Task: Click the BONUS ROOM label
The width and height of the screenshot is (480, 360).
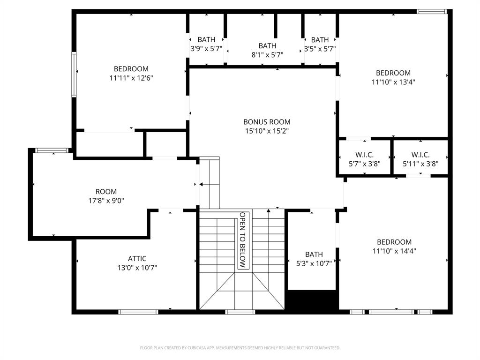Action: click(x=267, y=122)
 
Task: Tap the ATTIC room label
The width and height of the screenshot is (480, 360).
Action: click(x=137, y=258)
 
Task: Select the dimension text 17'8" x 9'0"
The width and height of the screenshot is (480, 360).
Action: click(x=106, y=201)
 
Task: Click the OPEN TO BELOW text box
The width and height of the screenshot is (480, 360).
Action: click(x=242, y=240)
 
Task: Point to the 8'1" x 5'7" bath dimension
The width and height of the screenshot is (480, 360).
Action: click(x=267, y=55)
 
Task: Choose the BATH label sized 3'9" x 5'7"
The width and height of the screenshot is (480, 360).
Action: click(x=206, y=40)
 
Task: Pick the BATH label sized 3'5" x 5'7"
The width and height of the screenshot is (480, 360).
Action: click(x=320, y=40)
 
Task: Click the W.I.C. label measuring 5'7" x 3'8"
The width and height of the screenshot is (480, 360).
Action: click(x=364, y=155)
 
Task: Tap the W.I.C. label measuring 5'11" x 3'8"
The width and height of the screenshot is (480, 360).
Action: click(x=420, y=155)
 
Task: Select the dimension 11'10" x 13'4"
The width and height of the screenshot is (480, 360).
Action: click(x=393, y=82)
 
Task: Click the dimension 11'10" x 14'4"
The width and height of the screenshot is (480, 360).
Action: click(x=394, y=251)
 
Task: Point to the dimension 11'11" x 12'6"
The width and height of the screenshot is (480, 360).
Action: click(x=131, y=78)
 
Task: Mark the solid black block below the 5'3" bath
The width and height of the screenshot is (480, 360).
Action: click(x=312, y=300)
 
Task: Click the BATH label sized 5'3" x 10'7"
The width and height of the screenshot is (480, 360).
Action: click(x=314, y=254)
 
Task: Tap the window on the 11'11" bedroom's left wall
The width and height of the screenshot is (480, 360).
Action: click(x=74, y=75)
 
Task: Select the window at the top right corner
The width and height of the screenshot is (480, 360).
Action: click(x=432, y=12)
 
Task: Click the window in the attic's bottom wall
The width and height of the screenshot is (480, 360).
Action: click(x=138, y=312)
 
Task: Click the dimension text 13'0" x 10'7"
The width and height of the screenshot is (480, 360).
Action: click(x=137, y=268)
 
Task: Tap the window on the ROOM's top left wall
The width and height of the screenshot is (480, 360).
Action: click(x=52, y=150)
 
